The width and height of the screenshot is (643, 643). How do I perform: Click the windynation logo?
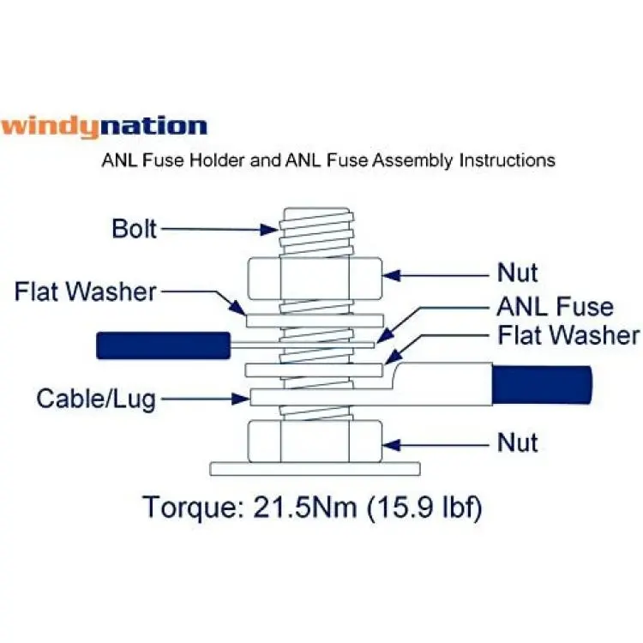click(104, 127)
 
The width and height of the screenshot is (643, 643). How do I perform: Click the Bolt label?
click(134, 228)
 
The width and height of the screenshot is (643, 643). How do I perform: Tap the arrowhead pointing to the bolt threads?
click(270, 229)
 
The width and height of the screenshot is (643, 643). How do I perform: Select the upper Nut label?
click(517, 273)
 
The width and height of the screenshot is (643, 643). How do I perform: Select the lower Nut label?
click(517, 442)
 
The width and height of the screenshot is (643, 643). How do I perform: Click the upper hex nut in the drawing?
click(315, 278)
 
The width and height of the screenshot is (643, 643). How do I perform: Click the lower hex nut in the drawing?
click(315, 442)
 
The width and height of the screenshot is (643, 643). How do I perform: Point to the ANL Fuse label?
click(556, 307)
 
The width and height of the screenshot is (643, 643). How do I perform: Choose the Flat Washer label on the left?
click(85, 291)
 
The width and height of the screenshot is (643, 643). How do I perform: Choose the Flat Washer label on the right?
click(568, 335)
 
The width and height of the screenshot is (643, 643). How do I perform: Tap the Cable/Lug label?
click(96, 399)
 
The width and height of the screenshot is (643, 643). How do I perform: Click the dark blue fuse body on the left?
click(163, 346)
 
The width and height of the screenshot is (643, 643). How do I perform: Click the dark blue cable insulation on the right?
click(542, 385)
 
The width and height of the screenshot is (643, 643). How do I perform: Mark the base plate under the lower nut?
click(315, 469)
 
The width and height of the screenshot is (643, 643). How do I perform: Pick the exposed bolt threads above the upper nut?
click(316, 232)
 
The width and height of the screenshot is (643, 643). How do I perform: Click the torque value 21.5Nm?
click(304, 507)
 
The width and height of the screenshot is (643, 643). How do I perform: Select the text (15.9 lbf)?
click(424, 508)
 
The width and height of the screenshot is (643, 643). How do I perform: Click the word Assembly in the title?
click(412, 160)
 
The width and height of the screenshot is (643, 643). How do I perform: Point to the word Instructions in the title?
click(508, 160)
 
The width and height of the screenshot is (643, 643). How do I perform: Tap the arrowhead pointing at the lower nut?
click(391, 445)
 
